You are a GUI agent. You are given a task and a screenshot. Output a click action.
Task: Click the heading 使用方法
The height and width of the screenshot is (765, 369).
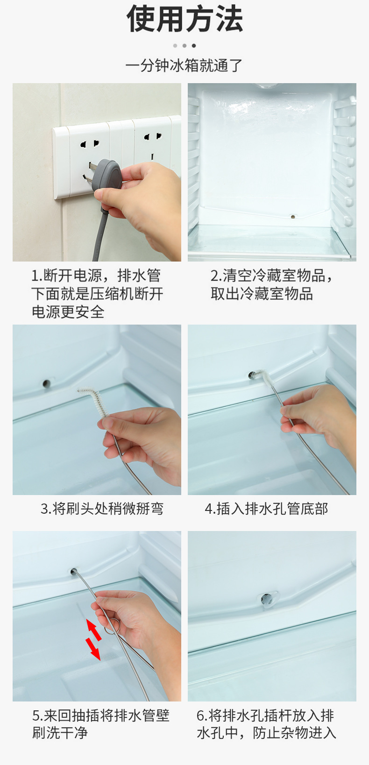click(x=184, y=19)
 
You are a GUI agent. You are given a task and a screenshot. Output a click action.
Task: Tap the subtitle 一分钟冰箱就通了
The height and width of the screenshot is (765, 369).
click(x=184, y=65)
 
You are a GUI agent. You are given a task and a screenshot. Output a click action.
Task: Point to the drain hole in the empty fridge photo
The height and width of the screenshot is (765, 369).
click(x=292, y=217)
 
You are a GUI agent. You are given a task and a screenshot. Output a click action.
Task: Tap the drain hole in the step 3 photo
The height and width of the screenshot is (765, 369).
click(x=46, y=383)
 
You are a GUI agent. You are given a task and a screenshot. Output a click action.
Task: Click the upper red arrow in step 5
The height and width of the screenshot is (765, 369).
click(x=93, y=630)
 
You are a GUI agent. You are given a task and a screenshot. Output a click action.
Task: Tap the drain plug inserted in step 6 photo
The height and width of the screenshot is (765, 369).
click(x=268, y=599)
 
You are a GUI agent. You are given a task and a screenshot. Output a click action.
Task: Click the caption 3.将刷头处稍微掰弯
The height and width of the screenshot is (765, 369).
click(x=102, y=509)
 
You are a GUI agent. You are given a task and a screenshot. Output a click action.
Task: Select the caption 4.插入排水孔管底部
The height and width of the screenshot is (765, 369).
click(x=266, y=509)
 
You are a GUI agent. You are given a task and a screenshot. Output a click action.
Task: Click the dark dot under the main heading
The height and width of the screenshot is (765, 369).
click(x=194, y=45)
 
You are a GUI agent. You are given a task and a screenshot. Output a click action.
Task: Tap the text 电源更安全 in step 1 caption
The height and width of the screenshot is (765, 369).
click(x=68, y=312)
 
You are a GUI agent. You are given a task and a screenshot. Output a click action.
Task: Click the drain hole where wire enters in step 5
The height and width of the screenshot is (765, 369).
click(x=73, y=571)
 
